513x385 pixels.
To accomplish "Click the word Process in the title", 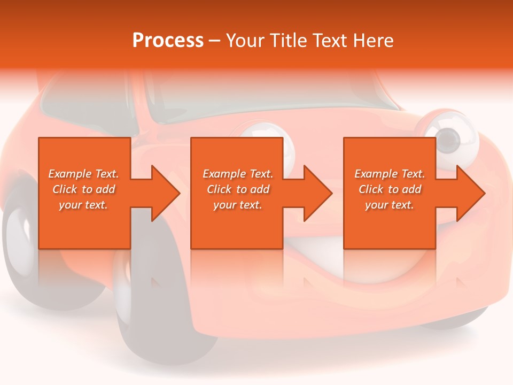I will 168,41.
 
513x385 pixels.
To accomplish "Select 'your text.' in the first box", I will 83,205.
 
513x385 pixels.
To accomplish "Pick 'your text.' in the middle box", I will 237,205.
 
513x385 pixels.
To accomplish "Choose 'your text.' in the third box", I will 389,205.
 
